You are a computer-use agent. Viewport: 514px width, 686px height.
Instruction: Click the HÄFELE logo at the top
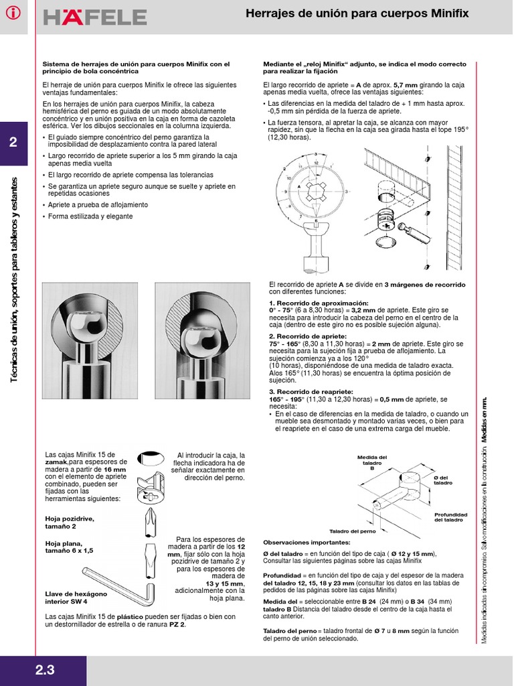pos(95,17)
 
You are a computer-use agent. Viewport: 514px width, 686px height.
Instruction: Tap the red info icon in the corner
pos(13,14)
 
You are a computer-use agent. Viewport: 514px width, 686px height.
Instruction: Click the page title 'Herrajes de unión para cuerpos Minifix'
pos(357,13)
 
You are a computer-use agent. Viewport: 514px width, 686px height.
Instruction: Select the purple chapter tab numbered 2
pos(13,143)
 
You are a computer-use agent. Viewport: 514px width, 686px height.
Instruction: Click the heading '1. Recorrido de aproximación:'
pos(309,303)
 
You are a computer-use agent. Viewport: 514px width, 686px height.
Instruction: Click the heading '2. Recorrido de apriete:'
pos(298,336)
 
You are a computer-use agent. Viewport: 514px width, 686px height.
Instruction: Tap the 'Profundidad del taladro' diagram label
pos(450,517)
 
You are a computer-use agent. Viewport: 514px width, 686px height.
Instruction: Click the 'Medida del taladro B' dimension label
pos(372,462)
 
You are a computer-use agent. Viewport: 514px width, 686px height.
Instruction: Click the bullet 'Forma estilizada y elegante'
pos(91,216)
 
